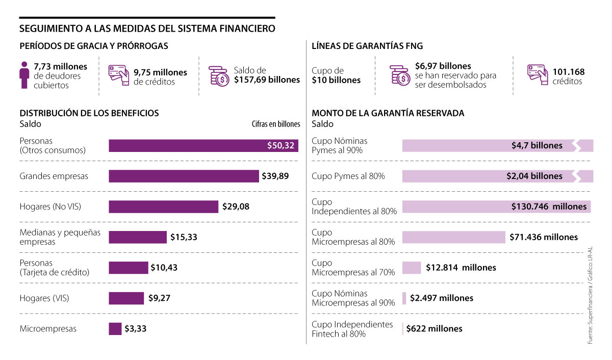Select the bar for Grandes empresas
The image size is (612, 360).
(184, 176)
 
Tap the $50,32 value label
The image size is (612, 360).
(280, 146)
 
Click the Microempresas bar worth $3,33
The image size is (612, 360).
(115, 329)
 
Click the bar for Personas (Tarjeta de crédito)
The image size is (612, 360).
(128, 268)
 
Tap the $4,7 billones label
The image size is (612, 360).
(537, 146)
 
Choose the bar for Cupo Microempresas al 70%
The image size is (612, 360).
(412, 268)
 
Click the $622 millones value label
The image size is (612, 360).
(435, 329)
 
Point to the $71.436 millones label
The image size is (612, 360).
(544, 237)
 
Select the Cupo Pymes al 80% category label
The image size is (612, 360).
(348, 176)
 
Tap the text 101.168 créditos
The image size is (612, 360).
(568, 76)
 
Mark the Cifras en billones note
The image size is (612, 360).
(275, 124)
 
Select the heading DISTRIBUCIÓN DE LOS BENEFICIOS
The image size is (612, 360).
(89, 113)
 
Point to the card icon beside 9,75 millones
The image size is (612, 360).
(118, 75)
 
